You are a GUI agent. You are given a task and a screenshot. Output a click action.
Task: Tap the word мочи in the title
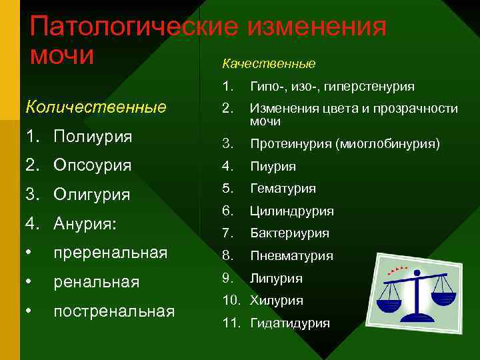(61, 55)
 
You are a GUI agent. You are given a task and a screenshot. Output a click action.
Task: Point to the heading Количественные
(95, 107)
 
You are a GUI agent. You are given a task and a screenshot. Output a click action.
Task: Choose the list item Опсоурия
(93, 165)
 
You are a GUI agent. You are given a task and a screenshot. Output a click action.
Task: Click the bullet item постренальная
(114, 311)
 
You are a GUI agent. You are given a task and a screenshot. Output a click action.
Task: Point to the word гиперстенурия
(377, 87)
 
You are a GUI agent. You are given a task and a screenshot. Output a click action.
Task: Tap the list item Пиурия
(273, 167)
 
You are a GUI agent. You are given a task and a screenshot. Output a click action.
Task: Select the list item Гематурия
(283, 189)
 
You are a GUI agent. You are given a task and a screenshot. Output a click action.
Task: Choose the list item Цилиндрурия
(291, 211)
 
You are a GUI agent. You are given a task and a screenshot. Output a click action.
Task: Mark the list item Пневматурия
(291, 256)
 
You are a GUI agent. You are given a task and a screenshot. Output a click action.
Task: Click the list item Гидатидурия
(289, 323)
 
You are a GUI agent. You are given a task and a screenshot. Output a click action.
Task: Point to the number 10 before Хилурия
(229, 301)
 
